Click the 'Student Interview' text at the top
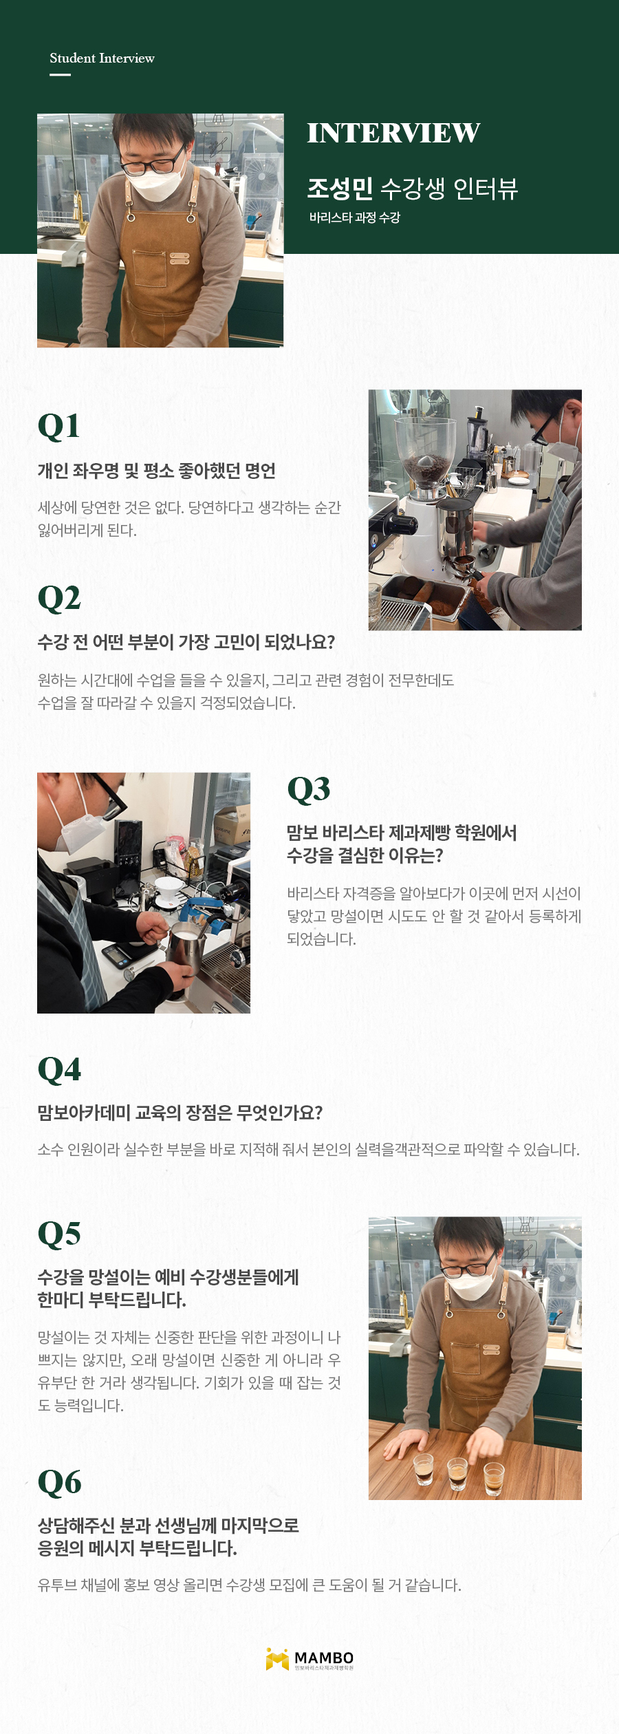102,58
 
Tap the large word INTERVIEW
393,133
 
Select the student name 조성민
340,188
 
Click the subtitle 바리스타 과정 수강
354,217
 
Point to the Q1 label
58,426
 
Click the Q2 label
59,598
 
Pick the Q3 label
309,789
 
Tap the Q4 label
59,1070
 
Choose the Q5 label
59,1234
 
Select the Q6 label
59,1482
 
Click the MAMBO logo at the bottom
309,1659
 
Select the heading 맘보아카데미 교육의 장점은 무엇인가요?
180,1113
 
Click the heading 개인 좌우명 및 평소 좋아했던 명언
157,471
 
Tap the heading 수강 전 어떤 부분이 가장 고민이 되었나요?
186,642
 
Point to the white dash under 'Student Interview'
60,74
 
